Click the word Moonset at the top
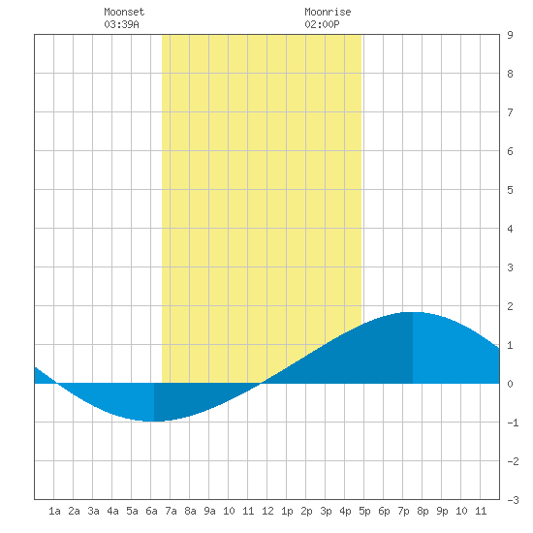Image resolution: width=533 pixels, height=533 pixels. (124, 12)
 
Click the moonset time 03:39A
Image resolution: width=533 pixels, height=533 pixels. (121, 24)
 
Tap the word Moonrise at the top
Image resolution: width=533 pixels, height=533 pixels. (328, 12)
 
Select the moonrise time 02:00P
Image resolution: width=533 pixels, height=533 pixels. (322, 24)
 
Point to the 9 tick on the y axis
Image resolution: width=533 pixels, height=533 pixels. (510, 35)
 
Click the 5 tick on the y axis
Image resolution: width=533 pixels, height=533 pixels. (510, 190)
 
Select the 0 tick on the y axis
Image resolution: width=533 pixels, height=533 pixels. (510, 384)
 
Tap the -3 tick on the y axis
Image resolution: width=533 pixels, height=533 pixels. (513, 500)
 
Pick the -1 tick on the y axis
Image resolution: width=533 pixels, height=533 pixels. (513, 423)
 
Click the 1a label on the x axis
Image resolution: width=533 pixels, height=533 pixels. (54, 511)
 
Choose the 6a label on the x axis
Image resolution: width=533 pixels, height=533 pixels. (151, 511)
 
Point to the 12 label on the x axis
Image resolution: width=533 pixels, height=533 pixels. (267, 511)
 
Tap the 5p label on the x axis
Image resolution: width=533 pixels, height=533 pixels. (364, 511)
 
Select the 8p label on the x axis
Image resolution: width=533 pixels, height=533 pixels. (423, 511)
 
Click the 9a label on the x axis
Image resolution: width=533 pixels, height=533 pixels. (209, 511)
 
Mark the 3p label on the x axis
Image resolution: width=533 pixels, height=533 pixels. (326, 511)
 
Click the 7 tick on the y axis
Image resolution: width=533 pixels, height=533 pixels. (510, 112)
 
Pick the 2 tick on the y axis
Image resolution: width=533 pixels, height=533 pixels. (510, 306)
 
